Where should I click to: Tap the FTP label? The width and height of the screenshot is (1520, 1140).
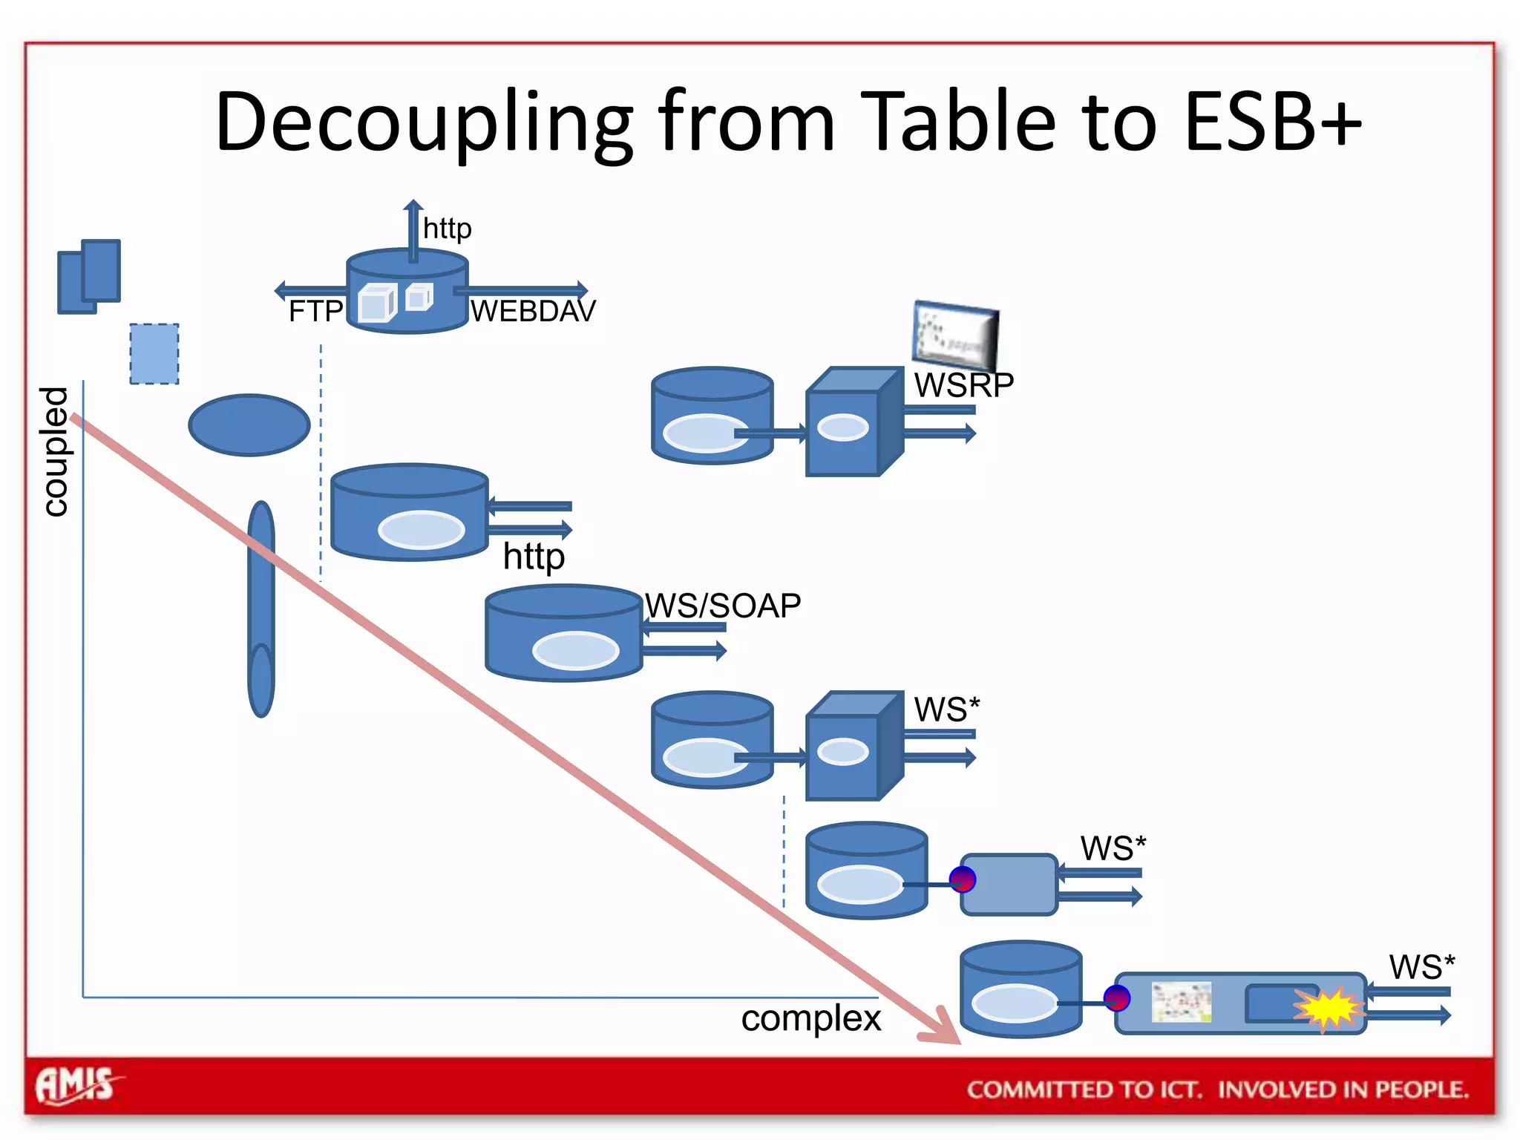(x=315, y=311)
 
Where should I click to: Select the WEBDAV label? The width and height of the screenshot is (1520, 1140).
(x=533, y=311)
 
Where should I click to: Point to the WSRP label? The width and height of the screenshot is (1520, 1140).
(x=963, y=384)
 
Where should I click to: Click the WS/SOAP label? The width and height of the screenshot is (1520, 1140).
(x=723, y=606)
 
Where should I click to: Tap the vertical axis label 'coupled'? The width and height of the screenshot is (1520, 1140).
(x=55, y=451)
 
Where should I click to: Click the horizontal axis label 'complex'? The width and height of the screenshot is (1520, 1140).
(x=810, y=1018)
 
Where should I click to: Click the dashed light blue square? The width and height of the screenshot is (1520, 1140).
(x=154, y=354)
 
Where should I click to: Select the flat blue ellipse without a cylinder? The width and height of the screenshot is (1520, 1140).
(x=249, y=425)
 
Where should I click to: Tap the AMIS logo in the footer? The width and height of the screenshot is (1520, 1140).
(x=76, y=1087)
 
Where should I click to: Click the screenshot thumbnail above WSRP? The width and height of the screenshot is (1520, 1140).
(x=955, y=335)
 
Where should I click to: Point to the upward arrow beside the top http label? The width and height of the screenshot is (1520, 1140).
(x=413, y=230)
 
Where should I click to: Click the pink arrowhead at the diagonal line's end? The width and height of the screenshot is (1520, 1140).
(x=943, y=1030)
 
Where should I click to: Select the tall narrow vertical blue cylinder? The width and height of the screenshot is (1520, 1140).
(x=261, y=609)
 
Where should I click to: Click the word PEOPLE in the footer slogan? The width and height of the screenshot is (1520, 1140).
(x=1421, y=1090)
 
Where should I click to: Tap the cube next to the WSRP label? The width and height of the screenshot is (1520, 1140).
(x=854, y=422)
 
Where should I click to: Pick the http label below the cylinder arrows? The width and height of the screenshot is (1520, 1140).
(x=534, y=557)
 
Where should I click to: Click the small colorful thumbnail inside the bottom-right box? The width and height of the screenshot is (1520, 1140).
(x=1182, y=1002)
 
